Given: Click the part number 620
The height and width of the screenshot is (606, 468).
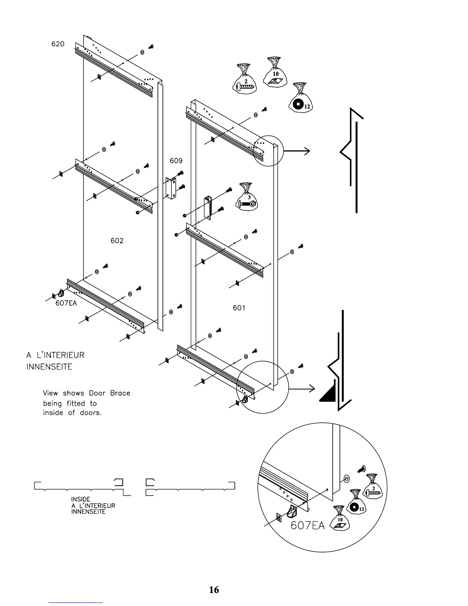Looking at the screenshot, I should (58, 44).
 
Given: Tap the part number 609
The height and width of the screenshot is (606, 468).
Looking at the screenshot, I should (176, 161).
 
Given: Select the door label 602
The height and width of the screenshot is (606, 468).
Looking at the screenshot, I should (117, 241).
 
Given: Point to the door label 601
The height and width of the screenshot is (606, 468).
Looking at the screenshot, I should (239, 308).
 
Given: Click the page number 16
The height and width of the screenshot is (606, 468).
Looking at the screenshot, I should (214, 590).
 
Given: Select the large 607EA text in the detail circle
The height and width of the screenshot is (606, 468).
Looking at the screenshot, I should (308, 526).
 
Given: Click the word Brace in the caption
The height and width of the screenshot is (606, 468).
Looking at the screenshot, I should (120, 393).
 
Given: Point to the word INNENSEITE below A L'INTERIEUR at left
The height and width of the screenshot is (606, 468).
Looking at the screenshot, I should (49, 367).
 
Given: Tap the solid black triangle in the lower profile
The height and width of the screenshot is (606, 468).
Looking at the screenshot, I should (328, 391).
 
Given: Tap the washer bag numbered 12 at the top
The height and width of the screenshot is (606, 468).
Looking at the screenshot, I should (300, 99).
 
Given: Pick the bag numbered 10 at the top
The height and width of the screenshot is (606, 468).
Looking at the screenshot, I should (275, 73).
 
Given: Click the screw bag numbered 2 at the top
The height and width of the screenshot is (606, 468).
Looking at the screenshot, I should (244, 79).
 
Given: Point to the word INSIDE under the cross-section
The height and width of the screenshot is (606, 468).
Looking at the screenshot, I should (81, 499).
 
